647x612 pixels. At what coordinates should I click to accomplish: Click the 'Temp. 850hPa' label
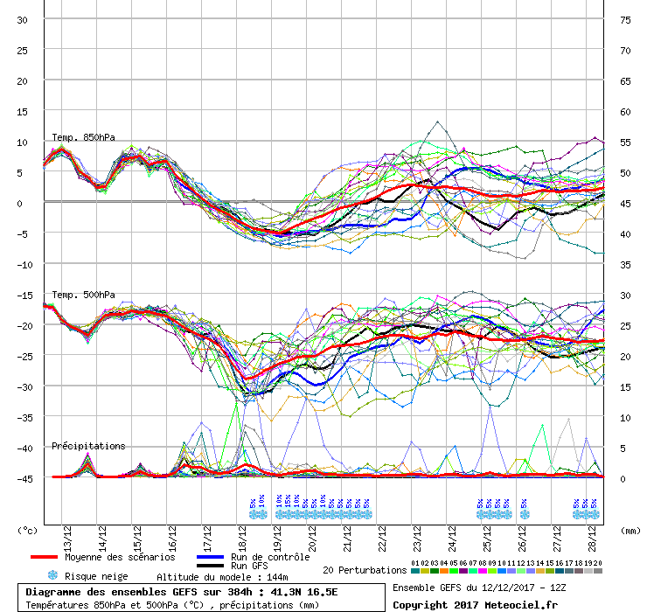(x=83, y=137)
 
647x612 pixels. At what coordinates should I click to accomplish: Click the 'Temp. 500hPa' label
(x=83, y=295)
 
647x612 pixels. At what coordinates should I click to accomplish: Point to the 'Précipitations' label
(x=88, y=446)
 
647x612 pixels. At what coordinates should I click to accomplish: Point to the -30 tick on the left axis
(x=23, y=387)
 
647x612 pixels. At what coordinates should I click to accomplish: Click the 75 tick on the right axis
(x=625, y=20)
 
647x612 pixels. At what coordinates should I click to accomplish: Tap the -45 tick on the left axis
(x=23, y=479)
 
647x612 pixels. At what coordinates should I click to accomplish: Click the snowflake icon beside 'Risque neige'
(x=52, y=576)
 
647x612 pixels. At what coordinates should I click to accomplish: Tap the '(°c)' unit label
(x=29, y=530)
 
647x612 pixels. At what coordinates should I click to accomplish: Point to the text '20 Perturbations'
(x=363, y=570)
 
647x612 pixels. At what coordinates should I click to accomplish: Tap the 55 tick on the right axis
(x=625, y=143)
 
